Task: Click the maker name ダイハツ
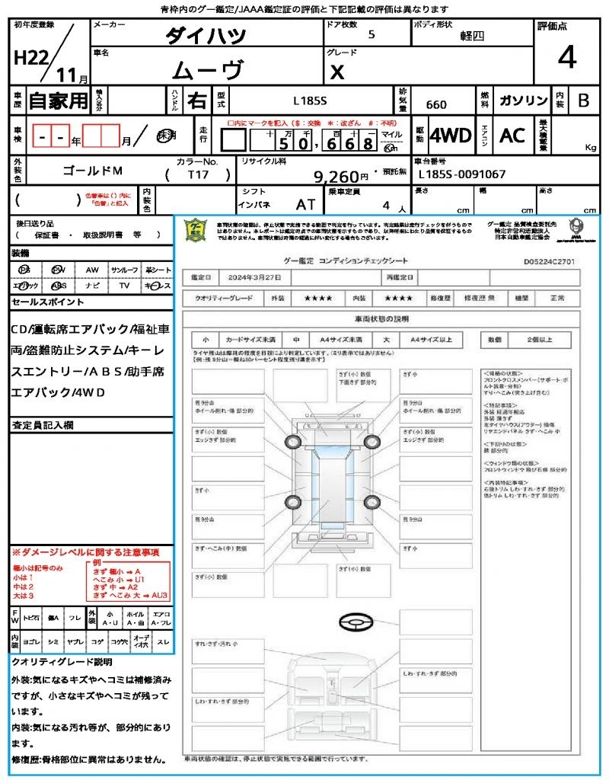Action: (x=206, y=35)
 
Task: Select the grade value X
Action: (x=336, y=72)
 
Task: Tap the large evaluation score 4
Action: (x=566, y=58)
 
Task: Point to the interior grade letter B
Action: (x=583, y=101)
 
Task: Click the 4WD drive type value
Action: (x=451, y=136)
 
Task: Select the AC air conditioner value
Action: (x=512, y=136)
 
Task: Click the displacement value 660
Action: (x=436, y=105)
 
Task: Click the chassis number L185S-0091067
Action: (x=462, y=174)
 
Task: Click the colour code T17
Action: (x=199, y=174)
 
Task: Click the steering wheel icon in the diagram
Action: (x=353, y=622)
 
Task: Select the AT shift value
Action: (x=306, y=205)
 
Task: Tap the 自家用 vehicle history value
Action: (x=58, y=101)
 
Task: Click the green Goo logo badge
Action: (x=196, y=230)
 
